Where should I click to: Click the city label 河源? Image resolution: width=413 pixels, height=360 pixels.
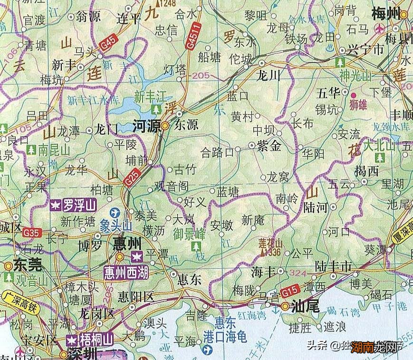point(146,125)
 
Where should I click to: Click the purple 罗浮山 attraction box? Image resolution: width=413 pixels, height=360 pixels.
point(74,205)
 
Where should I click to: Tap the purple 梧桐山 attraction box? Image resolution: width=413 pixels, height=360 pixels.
point(90,340)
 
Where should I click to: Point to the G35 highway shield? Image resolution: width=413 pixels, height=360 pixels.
point(34,233)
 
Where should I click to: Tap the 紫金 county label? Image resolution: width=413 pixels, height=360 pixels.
point(269,146)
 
